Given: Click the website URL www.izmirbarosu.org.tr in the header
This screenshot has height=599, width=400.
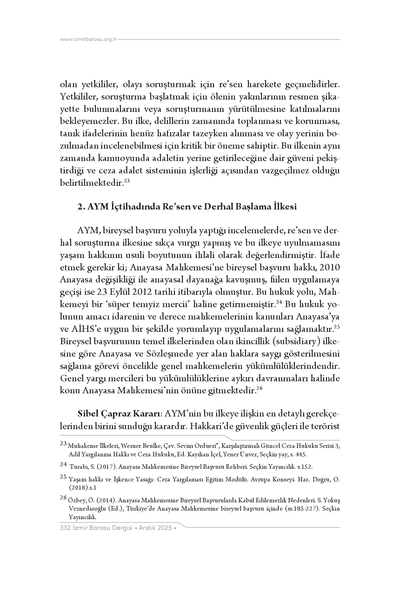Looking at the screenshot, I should [x=89, y=39].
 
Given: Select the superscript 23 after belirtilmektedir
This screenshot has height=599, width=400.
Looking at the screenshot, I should [x=127, y=181].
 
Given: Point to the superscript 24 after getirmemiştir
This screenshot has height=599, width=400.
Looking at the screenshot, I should [x=279, y=302].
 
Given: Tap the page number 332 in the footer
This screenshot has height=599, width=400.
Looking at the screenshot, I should [x=65, y=528].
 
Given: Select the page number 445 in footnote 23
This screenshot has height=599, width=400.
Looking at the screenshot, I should [x=302, y=454].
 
